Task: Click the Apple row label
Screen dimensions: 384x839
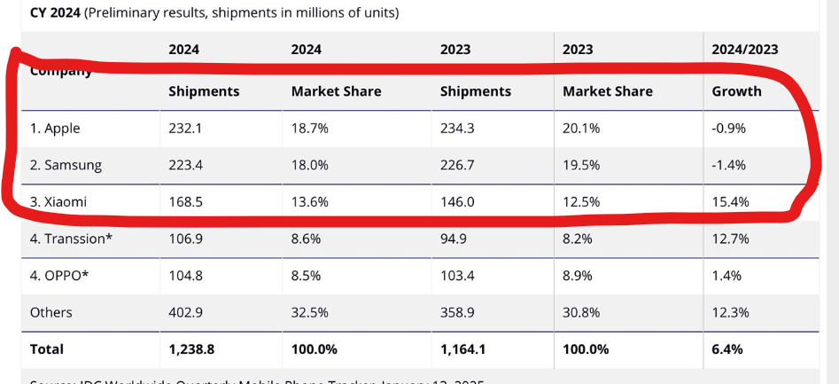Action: click(x=55, y=129)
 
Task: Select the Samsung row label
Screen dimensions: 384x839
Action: click(x=66, y=165)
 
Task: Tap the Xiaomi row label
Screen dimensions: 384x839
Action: click(x=58, y=202)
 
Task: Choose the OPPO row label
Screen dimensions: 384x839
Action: click(x=59, y=275)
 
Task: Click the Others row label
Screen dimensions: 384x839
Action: click(x=50, y=312)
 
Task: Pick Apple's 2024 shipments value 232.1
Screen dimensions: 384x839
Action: click(x=185, y=129)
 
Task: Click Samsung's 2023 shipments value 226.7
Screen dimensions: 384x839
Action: click(x=458, y=165)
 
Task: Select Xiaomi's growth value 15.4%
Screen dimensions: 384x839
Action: click(x=731, y=202)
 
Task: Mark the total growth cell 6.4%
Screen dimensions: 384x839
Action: click(x=726, y=349)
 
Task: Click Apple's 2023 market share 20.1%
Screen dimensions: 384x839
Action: click(x=581, y=129)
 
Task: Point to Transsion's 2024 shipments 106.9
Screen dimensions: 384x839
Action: click(x=185, y=239)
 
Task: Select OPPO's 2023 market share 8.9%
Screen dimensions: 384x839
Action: click(x=578, y=275)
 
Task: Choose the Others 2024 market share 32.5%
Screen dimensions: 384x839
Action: click(x=310, y=312)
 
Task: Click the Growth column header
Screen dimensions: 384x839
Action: click(x=736, y=91)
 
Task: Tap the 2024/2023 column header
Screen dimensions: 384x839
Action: click(x=745, y=50)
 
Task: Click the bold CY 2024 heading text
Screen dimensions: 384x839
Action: click(x=55, y=12)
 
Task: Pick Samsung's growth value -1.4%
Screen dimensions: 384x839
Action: click(x=729, y=165)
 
